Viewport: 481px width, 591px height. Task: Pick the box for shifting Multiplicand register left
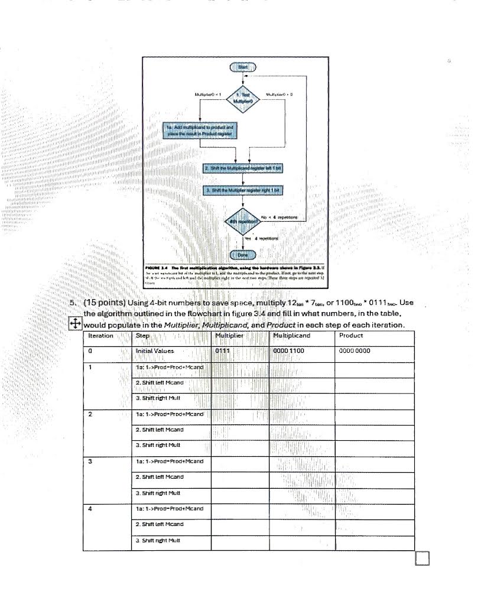pyautogui.click(x=243, y=168)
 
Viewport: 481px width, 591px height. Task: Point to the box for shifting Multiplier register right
pyautogui.click(x=243, y=190)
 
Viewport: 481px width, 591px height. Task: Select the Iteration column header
pyautogui.click(x=100, y=336)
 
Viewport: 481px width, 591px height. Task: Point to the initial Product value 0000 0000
pyautogui.click(x=355, y=350)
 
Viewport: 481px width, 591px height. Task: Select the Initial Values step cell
pyautogui.click(x=155, y=350)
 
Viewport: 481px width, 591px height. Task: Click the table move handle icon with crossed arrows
pyautogui.click(x=75, y=323)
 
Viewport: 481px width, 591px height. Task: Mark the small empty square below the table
pyautogui.click(x=422, y=557)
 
